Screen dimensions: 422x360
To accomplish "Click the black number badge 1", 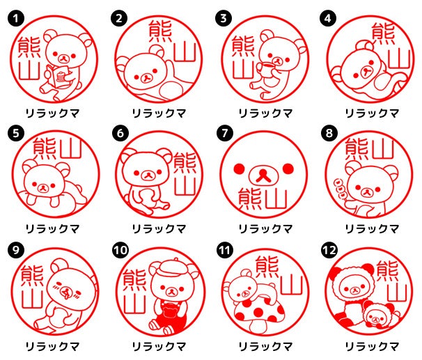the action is coord(16,18).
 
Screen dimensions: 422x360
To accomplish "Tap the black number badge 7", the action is coord(225,133).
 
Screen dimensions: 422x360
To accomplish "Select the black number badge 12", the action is coord(329,251).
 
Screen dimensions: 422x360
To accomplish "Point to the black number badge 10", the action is coord(120,251).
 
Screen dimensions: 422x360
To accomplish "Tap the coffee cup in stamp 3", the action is coord(265,70).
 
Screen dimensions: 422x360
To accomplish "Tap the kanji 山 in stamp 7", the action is coord(276,198).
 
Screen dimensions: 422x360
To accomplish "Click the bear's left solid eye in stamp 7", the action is coord(239,169).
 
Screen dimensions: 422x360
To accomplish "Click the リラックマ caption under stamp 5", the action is coord(52,229).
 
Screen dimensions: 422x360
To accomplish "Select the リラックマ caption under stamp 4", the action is coord(372,114).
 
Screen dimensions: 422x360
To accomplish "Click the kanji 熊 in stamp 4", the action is coord(383,33).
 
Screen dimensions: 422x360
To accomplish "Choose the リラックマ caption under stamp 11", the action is coord(265,346).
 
